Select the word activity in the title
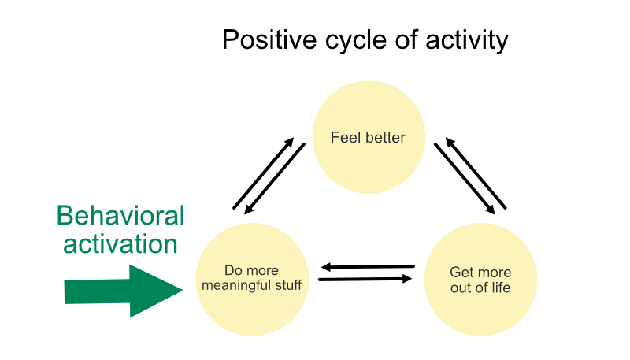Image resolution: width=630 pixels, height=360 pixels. tap(466, 39)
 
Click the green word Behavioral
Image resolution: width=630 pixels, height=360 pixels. tap(120, 216)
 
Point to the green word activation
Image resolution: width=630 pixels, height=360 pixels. tap(120, 243)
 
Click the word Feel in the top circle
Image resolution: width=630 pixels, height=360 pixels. tap(344, 138)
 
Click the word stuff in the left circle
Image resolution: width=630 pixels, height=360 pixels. tap(287, 285)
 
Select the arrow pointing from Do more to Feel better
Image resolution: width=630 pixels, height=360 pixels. tap(263, 173)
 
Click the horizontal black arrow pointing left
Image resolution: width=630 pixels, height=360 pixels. tap(367, 267)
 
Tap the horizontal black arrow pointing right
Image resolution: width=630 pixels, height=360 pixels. tap(365, 279)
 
